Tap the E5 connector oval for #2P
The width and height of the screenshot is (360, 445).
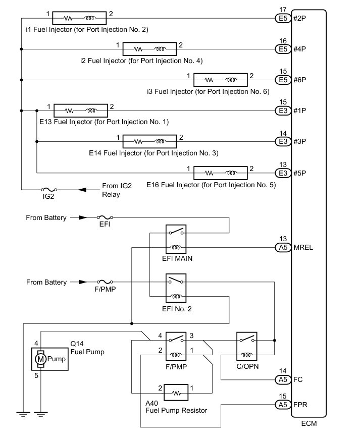point(283,19)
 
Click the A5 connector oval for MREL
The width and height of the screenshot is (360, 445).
point(283,247)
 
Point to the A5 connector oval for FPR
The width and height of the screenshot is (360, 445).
point(283,405)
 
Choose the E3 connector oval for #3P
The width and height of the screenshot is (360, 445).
point(283,141)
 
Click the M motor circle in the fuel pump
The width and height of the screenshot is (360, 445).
point(40,359)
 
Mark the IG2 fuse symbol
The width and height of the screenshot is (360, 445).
point(49,190)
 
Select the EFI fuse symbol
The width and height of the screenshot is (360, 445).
point(105,217)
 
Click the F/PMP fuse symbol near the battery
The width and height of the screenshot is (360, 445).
point(105,282)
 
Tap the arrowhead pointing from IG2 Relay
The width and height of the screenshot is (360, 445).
point(82,190)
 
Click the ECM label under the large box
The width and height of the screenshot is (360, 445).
point(309,423)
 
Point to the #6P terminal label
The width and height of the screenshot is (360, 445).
point(300,80)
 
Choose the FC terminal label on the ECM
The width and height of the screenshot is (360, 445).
point(298,379)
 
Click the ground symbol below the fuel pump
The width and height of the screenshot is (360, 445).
point(40,414)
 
